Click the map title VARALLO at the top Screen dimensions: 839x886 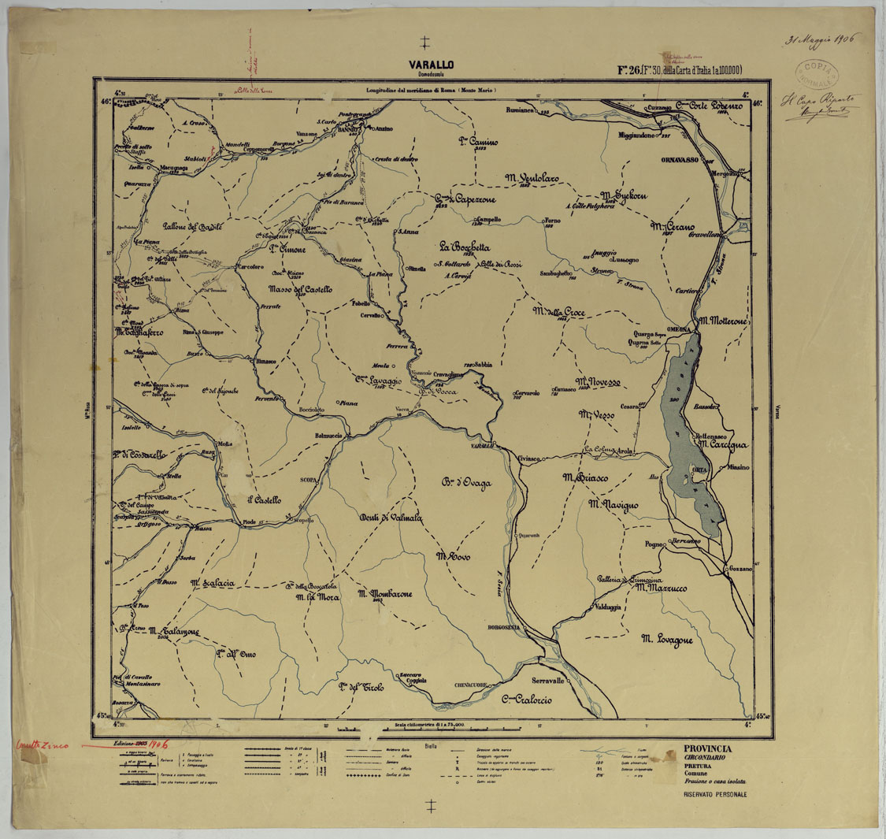point(430,65)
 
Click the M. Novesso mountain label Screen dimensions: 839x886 point(599,382)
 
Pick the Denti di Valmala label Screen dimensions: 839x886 point(391,518)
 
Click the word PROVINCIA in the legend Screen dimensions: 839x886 point(707,748)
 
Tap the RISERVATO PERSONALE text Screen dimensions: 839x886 point(714,795)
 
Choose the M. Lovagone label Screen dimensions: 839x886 point(666,640)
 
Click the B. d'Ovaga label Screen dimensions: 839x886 point(465,483)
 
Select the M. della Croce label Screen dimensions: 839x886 point(558,313)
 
